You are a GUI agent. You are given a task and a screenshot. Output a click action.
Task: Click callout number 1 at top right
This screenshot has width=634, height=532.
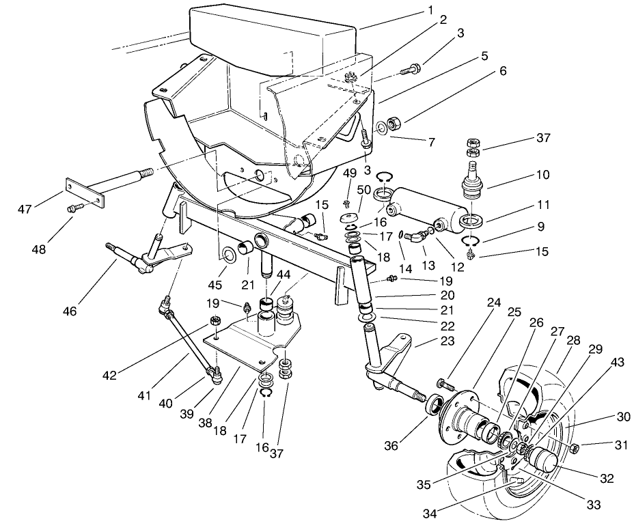pos(431,10)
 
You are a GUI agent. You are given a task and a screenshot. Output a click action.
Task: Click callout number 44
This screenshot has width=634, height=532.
pos(282,274)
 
